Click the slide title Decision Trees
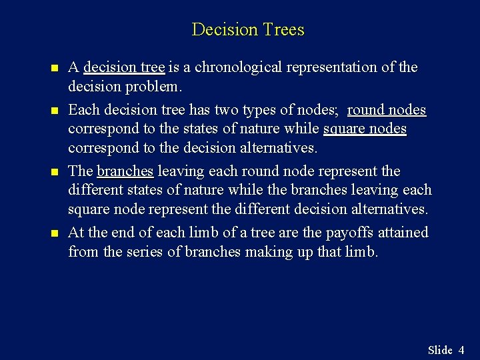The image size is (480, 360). [247, 29]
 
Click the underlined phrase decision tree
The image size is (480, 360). [124, 67]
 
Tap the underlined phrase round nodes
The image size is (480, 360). [387, 109]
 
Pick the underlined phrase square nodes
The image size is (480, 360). [365, 129]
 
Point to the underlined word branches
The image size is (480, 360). [125, 171]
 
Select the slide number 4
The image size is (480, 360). [461, 350]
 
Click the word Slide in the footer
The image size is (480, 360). [440, 350]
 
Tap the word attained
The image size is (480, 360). [404, 233]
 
